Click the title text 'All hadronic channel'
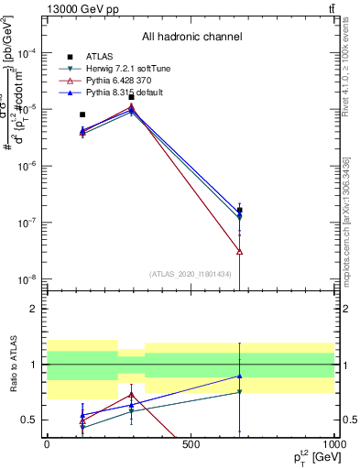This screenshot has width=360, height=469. point(191,37)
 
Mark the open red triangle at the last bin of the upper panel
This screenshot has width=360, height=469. point(239,251)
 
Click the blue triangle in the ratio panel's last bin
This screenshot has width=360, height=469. point(239,376)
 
